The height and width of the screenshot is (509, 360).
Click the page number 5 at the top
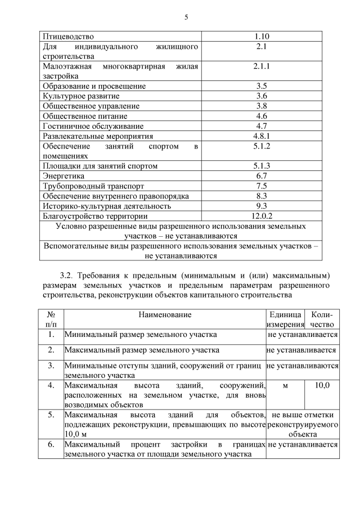(x=186, y=17)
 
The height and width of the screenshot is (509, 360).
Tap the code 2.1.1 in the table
(x=261, y=66)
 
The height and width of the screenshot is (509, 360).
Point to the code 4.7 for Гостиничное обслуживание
(x=261, y=126)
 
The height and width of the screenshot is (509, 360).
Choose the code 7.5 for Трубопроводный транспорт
(x=261, y=186)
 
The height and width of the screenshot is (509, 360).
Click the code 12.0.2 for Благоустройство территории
(x=261, y=215)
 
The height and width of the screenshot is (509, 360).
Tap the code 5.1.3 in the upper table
(x=261, y=166)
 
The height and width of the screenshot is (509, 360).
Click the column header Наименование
(x=165, y=315)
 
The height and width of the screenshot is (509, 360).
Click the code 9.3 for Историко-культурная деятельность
(x=261, y=206)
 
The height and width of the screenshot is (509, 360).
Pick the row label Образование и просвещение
(x=94, y=86)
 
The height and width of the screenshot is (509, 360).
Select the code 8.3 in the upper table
(x=261, y=196)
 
